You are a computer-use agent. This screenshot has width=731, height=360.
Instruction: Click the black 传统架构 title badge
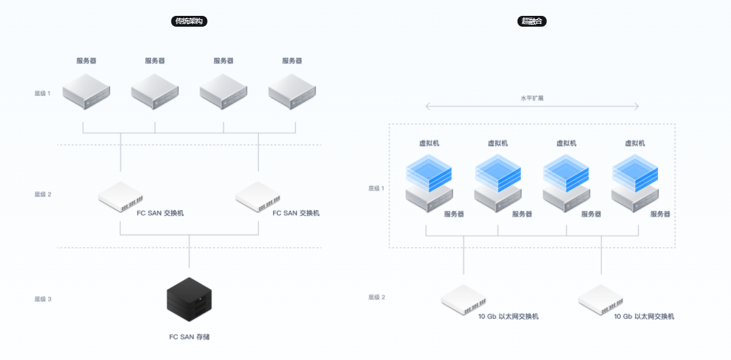pyautogui.click(x=189, y=21)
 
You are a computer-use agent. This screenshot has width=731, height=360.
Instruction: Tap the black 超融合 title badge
pyautogui.click(x=532, y=21)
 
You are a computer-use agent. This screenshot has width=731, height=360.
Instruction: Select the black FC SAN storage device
pyautogui.click(x=189, y=299)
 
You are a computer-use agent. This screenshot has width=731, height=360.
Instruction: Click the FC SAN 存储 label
pyautogui.click(x=189, y=337)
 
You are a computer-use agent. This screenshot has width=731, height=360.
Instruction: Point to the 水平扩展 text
pyautogui.click(x=532, y=98)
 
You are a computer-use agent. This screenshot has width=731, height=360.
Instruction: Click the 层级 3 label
pyautogui.click(x=43, y=298)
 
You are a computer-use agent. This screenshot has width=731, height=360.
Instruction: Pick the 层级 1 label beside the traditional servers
pyautogui.click(x=43, y=93)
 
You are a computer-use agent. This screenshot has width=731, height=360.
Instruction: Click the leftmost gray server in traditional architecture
pyautogui.click(x=86, y=91)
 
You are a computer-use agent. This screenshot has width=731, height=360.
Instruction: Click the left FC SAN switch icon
pyautogui.click(x=121, y=197)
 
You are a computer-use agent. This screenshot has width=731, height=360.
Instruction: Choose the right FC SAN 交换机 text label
pyautogui.click(x=296, y=213)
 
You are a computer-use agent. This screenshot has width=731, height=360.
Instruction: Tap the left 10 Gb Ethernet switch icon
pyautogui.click(x=464, y=300)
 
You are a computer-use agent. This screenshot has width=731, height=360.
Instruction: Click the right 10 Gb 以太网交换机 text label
pyautogui.click(x=644, y=316)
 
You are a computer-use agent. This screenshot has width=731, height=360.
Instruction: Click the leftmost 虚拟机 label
pyautogui.click(x=429, y=143)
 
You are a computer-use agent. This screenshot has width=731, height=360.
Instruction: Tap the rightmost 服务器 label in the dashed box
pyautogui.click(x=660, y=215)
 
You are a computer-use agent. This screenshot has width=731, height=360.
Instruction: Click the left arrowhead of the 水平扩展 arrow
pyautogui.click(x=427, y=107)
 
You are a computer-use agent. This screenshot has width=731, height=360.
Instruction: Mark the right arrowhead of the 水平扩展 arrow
pyautogui.click(x=637, y=107)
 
